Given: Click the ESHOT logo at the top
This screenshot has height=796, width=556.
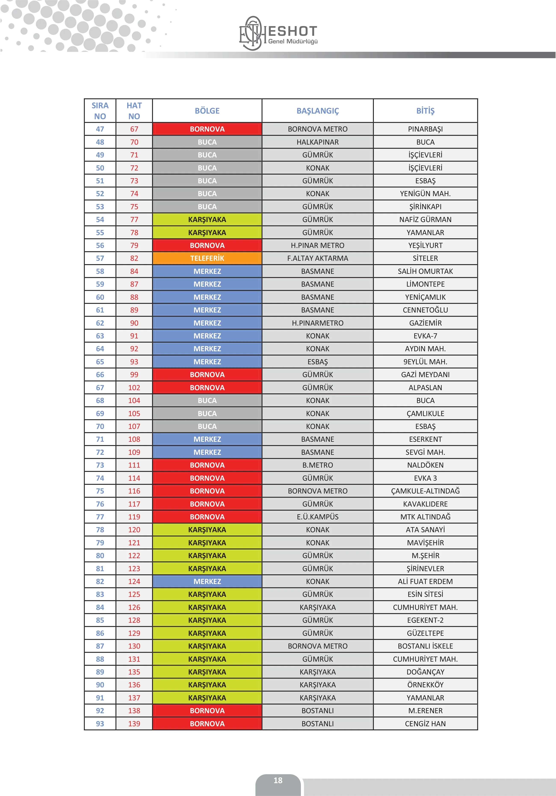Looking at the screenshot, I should coord(278,33).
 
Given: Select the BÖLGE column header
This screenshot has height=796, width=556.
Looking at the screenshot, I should coord(207,111).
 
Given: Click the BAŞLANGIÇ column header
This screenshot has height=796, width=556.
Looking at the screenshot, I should coord(318,111).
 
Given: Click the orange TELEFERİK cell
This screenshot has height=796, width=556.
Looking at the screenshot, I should coord(207,258).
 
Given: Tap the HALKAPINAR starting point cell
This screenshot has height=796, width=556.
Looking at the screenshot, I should coord(318,142).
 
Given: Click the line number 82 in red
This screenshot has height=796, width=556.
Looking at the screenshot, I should coord(134,258).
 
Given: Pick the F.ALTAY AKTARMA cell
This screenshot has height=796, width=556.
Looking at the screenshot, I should coord(318,258).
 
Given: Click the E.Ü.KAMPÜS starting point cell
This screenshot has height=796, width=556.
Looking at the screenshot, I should coord(318,517).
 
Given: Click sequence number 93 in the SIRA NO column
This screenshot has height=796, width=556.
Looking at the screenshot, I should coord(100,723).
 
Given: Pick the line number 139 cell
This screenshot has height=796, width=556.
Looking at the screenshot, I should coord(134,723).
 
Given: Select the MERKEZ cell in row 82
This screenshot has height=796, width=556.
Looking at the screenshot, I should coord(207,581).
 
